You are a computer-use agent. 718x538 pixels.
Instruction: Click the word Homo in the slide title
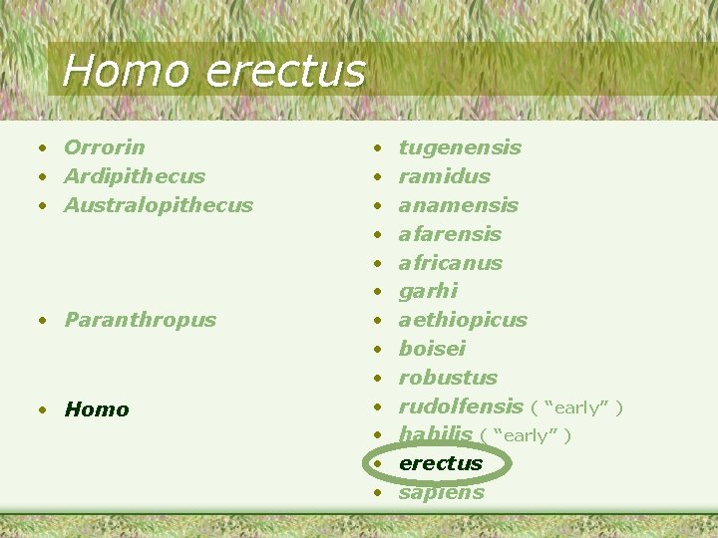(x=125, y=71)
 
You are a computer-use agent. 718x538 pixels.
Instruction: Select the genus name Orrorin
(x=104, y=147)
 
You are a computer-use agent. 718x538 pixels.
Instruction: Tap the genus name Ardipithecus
(x=134, y=176)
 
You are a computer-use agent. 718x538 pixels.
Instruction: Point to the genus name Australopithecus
(x=158, y=205)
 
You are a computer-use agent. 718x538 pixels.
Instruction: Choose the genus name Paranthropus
(x=140, y=320)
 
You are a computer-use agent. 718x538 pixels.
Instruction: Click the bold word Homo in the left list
(x=96, y=409)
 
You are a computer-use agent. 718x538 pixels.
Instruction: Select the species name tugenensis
(x=460, y=147)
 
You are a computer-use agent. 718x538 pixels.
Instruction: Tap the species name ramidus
(x=444, y=176)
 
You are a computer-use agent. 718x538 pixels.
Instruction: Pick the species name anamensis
(x=458, y=205)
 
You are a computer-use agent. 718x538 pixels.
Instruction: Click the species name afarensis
(x=450, y=234)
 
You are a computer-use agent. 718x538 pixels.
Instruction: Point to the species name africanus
(x=450, y=263)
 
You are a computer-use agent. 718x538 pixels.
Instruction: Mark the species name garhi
(x=428, y=291)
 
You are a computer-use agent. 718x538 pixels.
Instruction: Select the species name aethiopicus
(x=463, y=320)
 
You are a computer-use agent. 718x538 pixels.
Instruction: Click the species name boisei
(x=432, y=349)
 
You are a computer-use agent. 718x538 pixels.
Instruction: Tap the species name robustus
(x=448, y=378)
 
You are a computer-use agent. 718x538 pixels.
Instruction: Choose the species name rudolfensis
(x=461, y=406)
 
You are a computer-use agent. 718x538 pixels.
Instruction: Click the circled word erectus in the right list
(x=440, y=463)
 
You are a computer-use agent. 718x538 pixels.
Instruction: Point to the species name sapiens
(x=441, y=492)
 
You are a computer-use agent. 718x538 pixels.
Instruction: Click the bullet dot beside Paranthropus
(x=44, y=321)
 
